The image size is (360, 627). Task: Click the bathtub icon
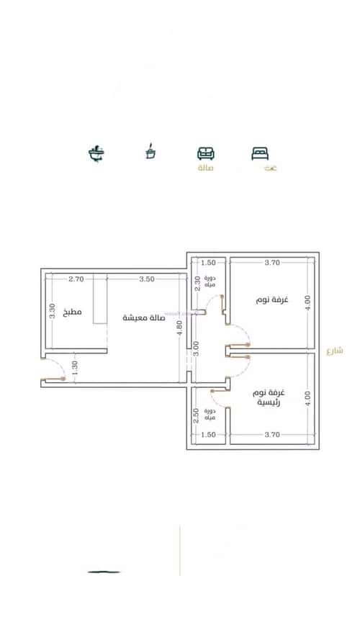click(x=96, y=153)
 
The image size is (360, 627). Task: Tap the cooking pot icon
click(x=150, y=152)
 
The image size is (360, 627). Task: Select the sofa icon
click(x=206, y=153)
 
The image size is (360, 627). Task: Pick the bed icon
click(x=259, y=153)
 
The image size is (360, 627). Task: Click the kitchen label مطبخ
click(x=73, y=312)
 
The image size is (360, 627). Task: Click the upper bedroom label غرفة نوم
click(x=271, y=299)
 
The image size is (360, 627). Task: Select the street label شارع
click(x=334, y=351)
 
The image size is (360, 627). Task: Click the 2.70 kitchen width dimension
click(x=76, y=278)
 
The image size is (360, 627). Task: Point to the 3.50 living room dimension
click(x=146, y=278)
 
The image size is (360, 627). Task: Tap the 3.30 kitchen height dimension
click(x=50, y=311)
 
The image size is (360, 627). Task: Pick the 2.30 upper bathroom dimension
click(x=197, y=283)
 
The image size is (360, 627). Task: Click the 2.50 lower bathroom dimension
click(x=196, y=415)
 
